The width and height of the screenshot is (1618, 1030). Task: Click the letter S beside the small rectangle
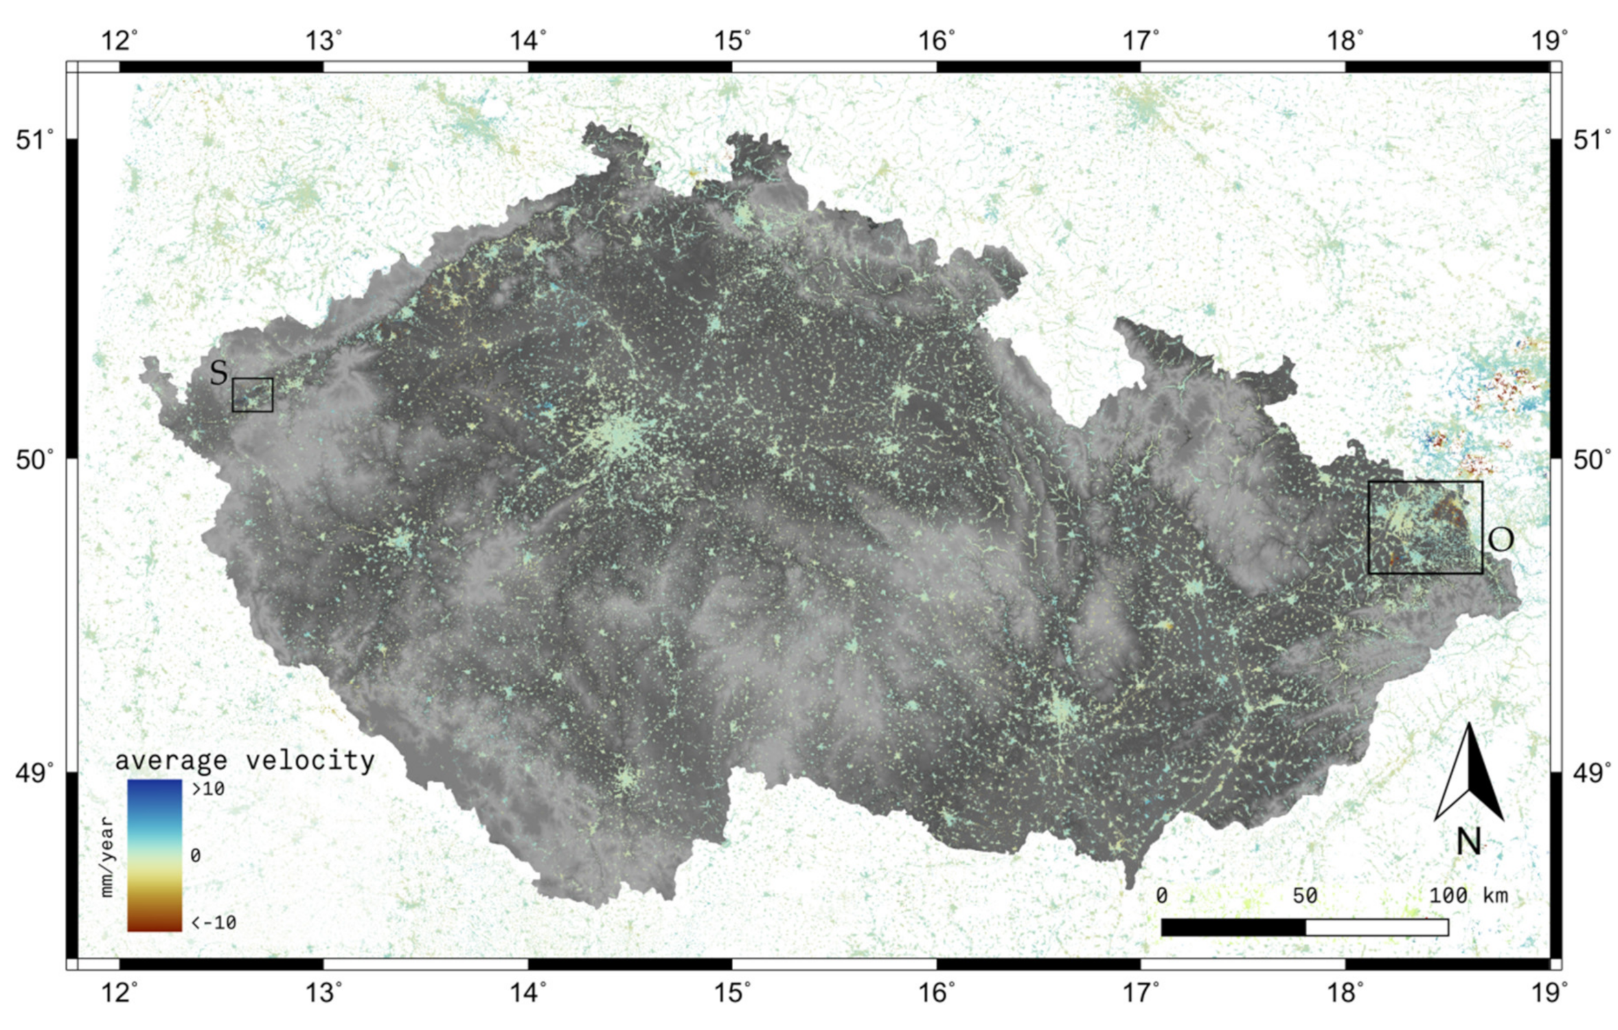pos(218,374)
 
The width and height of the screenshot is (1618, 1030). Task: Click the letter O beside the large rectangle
pos(1501,540)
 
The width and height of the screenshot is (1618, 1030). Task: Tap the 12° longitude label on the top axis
pos(120,41)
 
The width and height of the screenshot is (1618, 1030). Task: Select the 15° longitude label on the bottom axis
pos(732,992)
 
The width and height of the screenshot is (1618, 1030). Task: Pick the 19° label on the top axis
pos(1546,41)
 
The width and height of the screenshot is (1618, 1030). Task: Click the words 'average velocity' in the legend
pos(245,761)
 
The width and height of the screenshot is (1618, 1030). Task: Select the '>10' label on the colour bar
pos(208,789)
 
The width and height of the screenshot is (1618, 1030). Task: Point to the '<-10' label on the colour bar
pos(214,922)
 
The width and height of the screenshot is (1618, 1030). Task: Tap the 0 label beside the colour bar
pos(196,855)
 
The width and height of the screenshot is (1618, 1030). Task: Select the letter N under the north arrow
pos(1469,841)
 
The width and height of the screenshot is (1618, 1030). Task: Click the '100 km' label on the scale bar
pos(1469,895)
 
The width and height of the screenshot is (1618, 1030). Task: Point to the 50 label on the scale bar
pos(1305,895)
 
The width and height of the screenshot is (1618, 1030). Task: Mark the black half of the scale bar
pos(1233,927)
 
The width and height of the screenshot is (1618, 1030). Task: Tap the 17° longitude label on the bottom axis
pos(1140,992)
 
